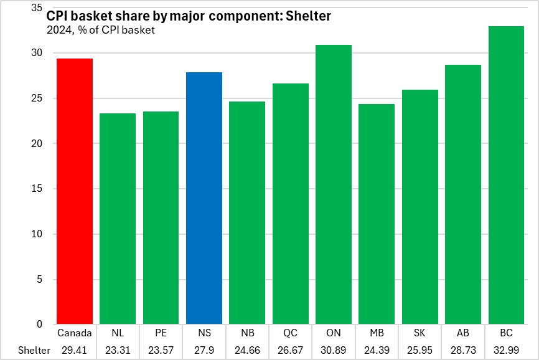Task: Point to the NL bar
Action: [118, 219]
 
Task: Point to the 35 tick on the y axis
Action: [36, 8]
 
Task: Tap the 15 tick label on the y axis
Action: [36, 189]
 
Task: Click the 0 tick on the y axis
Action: [39, 324]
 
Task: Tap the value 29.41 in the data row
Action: [75, 350]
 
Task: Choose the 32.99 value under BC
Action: [506, 350]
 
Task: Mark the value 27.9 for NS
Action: [204, 350]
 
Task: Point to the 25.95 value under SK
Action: [419, 350]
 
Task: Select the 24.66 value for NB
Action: [247, 350]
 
